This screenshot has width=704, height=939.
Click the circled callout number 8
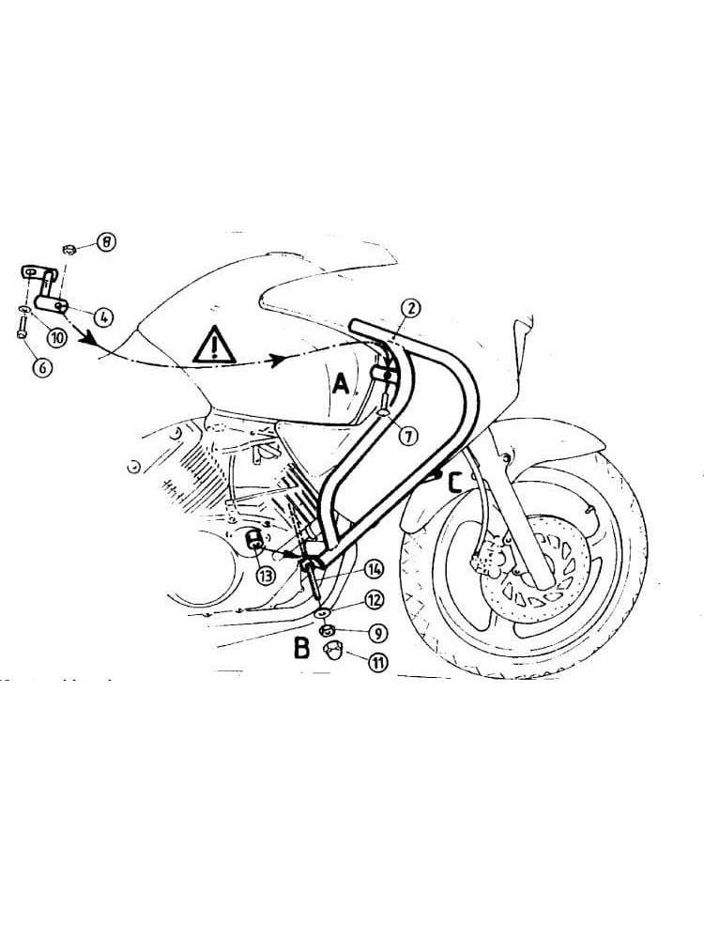click(x=107, y=243)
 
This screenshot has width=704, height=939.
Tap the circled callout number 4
click(x=104, y=317)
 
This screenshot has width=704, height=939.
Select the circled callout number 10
click(x=56, y=337)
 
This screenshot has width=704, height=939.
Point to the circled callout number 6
click(x=42, y=368)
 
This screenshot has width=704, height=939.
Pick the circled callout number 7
click(x=405, y=435)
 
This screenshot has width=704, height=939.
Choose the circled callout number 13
click(x=266, y=575)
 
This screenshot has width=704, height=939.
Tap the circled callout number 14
click(x=374, y=568)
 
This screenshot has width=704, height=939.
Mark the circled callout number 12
click(x=374, y=598)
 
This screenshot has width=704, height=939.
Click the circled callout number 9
click(x=378, y=631)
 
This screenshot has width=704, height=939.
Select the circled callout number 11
click(x=377, y=663)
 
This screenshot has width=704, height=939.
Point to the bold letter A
click(x=341, y=383)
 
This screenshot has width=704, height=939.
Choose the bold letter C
click(x=454, y=484)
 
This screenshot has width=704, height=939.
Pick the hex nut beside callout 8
click(x=68, y=249)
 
